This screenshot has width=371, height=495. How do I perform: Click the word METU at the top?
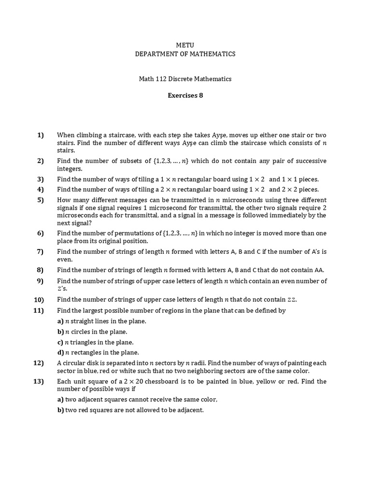(185, 45)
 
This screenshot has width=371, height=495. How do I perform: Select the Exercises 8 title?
(185, 95)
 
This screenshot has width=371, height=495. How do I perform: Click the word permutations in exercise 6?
(137, 233)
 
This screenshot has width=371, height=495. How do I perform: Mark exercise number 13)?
(39, 381)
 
